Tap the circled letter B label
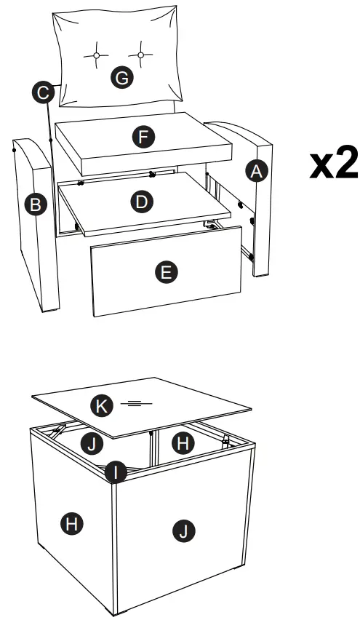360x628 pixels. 36,204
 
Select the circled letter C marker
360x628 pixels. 43,92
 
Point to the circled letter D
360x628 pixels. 142,202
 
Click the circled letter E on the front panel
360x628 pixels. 167,272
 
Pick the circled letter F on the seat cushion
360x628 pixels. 143,137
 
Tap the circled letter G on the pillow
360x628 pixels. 121,77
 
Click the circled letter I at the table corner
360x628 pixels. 116,472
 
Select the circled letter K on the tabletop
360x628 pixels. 102,406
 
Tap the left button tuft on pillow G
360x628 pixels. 96,56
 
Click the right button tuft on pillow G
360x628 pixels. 140,55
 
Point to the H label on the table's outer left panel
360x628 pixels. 72,522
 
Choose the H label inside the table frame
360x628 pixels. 183,442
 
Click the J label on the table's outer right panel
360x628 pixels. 183,531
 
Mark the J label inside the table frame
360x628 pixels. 92,444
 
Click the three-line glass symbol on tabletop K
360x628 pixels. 137,403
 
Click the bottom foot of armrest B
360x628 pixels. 51,309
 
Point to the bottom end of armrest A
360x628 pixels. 261,275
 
